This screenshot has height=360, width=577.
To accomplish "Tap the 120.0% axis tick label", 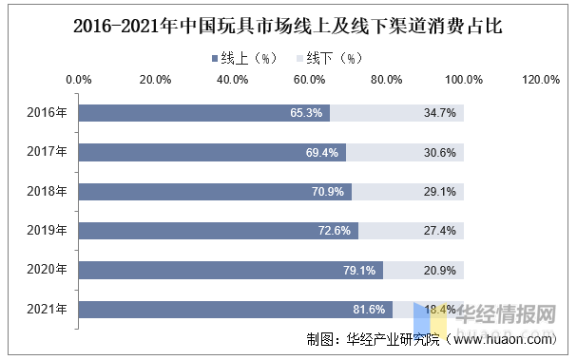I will coord(541,80).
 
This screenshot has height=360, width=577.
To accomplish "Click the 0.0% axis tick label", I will coord(79,80).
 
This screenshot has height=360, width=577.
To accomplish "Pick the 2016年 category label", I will coord(48,112).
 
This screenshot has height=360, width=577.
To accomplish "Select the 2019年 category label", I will coord(48,231).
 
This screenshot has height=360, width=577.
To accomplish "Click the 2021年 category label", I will coord(48,310).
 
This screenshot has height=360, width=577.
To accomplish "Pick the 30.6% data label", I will coord(440,152).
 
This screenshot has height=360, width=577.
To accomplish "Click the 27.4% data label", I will coord(440,231).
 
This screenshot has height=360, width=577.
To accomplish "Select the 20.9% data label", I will coord(440,271).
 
